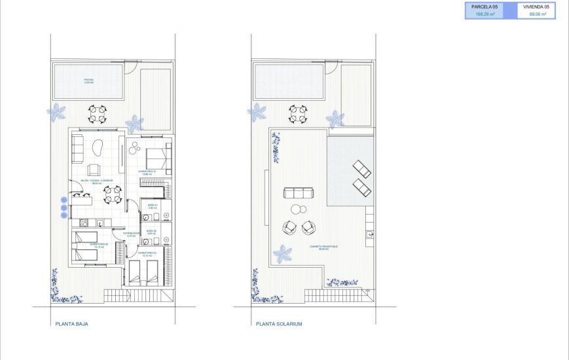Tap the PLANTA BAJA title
(x=72, y=323)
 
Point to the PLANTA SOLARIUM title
(x=279, y=323)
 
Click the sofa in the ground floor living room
(x=77, y=149)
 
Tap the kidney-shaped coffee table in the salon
(x=99, y=148)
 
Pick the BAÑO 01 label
(x=153, y=206)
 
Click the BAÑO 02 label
(x=151, y=231)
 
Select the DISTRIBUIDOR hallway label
(x=131, y=234)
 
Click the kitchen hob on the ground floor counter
(x=84, y=223)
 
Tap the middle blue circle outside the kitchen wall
(x=64, y=207)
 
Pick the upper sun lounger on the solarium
(x=361, y=169)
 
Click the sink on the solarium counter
(x=371, y=234)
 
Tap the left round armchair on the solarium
(x=289, y=227)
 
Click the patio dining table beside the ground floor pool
(x=98, y=114)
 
